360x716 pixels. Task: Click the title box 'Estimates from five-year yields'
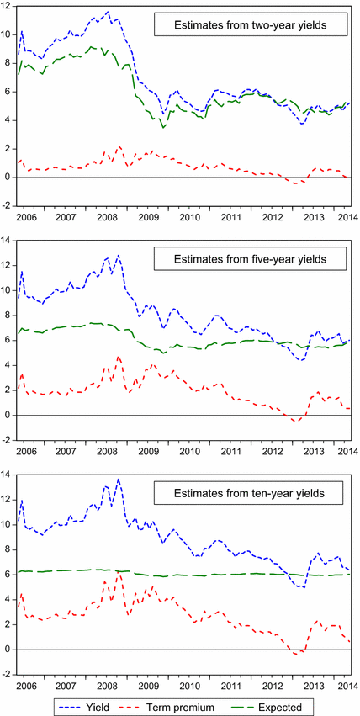[x=252, y=260]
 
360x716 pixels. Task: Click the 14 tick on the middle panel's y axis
[x=8, y=241]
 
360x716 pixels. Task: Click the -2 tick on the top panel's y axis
[x=8, y=205]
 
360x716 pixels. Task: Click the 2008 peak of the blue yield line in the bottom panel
[x=119, y=479]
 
